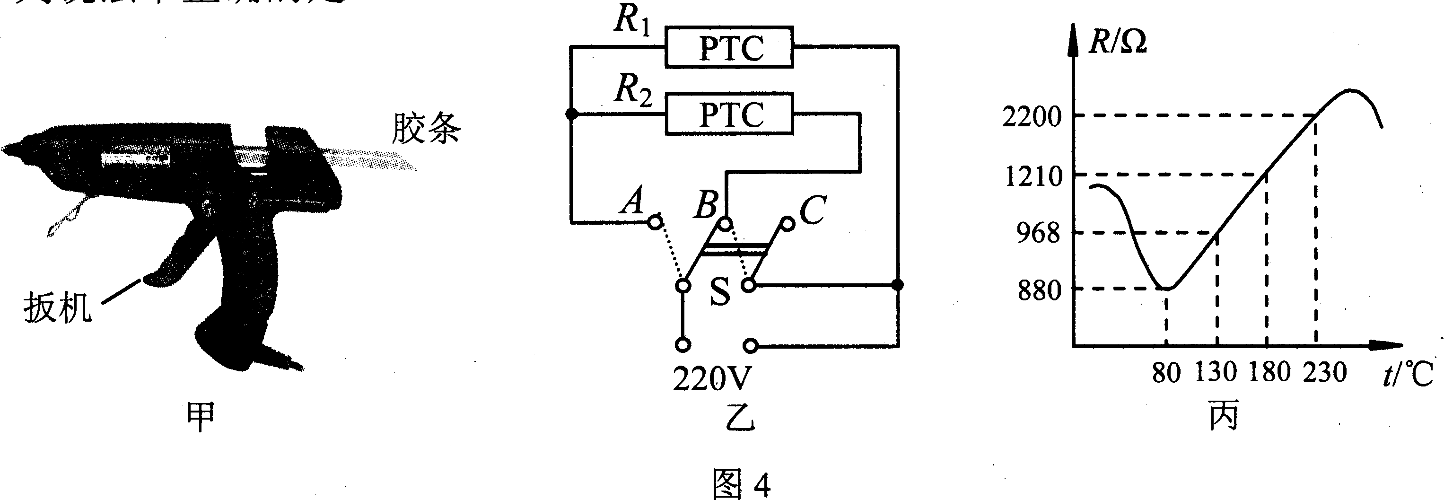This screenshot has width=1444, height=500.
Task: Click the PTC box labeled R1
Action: tap(729, 47)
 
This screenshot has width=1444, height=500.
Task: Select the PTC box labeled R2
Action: tap(729, 114)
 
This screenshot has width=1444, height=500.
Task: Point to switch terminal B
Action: tap(726, 224)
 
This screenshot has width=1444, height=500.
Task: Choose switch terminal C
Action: tap(788, 224)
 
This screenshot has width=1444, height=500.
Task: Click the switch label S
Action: tap(720, 293)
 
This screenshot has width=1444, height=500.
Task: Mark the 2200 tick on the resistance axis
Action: tap(1032, 116)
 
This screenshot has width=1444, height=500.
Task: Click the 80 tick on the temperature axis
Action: tap(1166, 373)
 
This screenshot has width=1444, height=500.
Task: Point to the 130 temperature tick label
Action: tap(1216, 372)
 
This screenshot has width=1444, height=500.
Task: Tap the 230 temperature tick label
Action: tap(1324, 373)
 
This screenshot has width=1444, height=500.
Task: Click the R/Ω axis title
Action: tap(1117, 42)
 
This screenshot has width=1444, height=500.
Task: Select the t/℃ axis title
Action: tap(1407, 375)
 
